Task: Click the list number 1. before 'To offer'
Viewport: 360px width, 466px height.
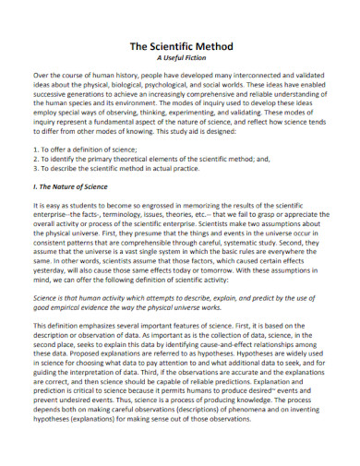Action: coord(36,149)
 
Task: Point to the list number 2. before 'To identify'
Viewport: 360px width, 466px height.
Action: coord(36,159)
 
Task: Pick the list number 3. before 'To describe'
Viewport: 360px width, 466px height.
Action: coord(36,169)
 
